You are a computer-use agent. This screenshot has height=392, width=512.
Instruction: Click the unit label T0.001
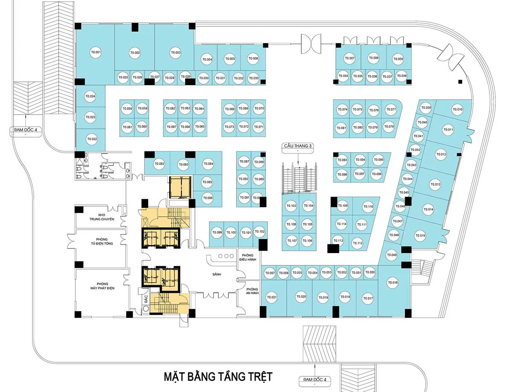tap(96, 53)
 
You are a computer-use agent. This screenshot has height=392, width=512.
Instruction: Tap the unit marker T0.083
tap(183, 164)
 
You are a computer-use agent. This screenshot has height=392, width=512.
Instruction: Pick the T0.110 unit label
tap(368, 207)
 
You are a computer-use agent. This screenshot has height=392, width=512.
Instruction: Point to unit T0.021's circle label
tap(272, 298)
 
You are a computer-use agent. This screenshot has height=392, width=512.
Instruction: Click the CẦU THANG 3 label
tap(299, 146)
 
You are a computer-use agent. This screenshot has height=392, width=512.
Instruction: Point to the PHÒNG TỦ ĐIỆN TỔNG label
tap(102, 242)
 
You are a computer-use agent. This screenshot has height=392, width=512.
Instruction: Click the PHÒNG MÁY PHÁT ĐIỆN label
tap(102, 286)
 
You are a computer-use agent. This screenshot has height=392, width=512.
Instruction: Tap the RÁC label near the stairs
tap(145, 299)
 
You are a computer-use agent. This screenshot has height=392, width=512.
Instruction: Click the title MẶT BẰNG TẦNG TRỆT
tap(218, 377)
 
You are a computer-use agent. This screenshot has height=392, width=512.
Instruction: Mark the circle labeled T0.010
tap(457, 109)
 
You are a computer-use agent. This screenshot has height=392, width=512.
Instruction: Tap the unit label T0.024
tap(90, 96)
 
